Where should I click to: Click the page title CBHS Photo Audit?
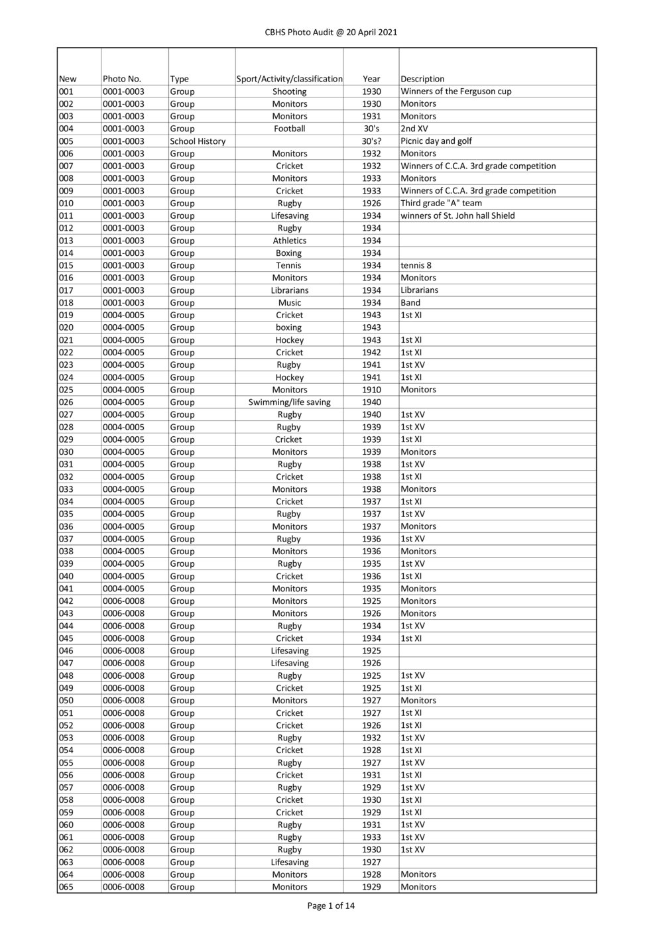[x=331, y=32]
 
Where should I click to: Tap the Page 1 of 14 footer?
[x=331, y=906]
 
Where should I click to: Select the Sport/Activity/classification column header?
[x=289, y=79]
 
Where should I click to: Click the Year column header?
[x=371, y=79]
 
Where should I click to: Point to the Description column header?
[x=422, y=79]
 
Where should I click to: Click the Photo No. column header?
[x=122, y=79]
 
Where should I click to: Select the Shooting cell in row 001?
[x=289, y=91]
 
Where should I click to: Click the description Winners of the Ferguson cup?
[x=455, y=91]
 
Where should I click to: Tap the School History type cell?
[x=198, y=141]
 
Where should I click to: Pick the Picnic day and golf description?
[x=436, y=141]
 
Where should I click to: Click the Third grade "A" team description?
[x=441, y=204]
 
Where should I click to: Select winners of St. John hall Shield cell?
[x=457, y=215]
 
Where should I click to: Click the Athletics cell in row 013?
[x=289, y=241]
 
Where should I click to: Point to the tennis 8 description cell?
[x=416, y=265]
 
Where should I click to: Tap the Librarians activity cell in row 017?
[x=289, y=290]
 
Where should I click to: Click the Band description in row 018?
[x=410, y=303]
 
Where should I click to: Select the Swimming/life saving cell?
[x=289, y=402]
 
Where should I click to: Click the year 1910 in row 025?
[x=371, y=390]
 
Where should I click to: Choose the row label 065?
[x=66, y=887]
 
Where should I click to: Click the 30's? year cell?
[x=371, y=141]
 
